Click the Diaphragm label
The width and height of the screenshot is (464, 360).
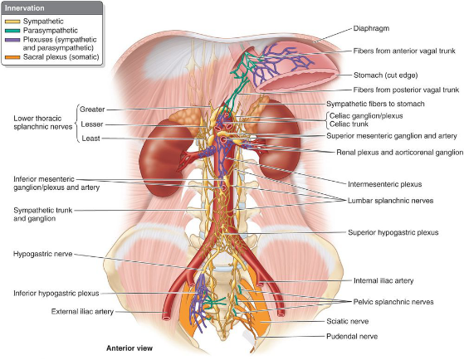click(371, 29)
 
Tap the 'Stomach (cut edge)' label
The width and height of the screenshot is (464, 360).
click(386, 75)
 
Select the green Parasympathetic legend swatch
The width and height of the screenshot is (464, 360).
click(12, 31)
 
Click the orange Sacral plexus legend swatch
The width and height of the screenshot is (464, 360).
click(12, 57)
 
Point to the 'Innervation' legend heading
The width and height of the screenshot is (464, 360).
click(25, 8)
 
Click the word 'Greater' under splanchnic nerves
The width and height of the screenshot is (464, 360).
click(92, 109)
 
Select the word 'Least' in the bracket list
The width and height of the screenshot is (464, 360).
click(90, 139)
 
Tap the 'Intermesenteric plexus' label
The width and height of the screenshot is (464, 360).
click(384, 184)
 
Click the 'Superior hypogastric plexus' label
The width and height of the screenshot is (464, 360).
click(393, 232)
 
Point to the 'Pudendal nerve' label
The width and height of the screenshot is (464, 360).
click(352, 336)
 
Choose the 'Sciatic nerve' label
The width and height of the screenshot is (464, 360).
click(348, 321)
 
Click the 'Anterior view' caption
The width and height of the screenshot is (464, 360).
click(129, 348)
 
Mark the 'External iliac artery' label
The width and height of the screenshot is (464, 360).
click(82, 312)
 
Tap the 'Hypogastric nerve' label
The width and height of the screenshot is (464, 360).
click(42, 254)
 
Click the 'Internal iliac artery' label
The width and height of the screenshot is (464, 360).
click(383, 280)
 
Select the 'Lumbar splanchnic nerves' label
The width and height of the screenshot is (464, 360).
click(390, 201)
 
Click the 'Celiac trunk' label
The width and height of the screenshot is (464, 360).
click(349, 124)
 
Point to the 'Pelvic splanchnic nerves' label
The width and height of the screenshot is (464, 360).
click(393, 302)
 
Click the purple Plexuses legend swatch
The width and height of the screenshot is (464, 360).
click(12, 40)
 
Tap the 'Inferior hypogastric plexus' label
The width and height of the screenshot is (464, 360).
click(56, 294)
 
